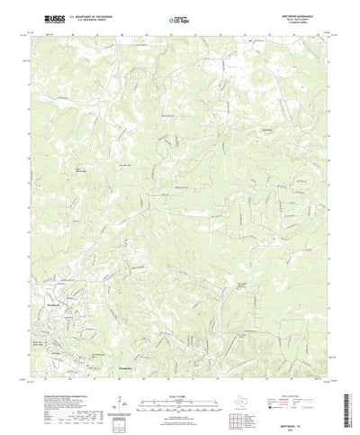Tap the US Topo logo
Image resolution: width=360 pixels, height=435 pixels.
tap(178, 18)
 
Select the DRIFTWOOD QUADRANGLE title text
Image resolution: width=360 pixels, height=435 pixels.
tap(306, 13)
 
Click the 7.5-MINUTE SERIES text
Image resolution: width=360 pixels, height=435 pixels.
tap(306, 22)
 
